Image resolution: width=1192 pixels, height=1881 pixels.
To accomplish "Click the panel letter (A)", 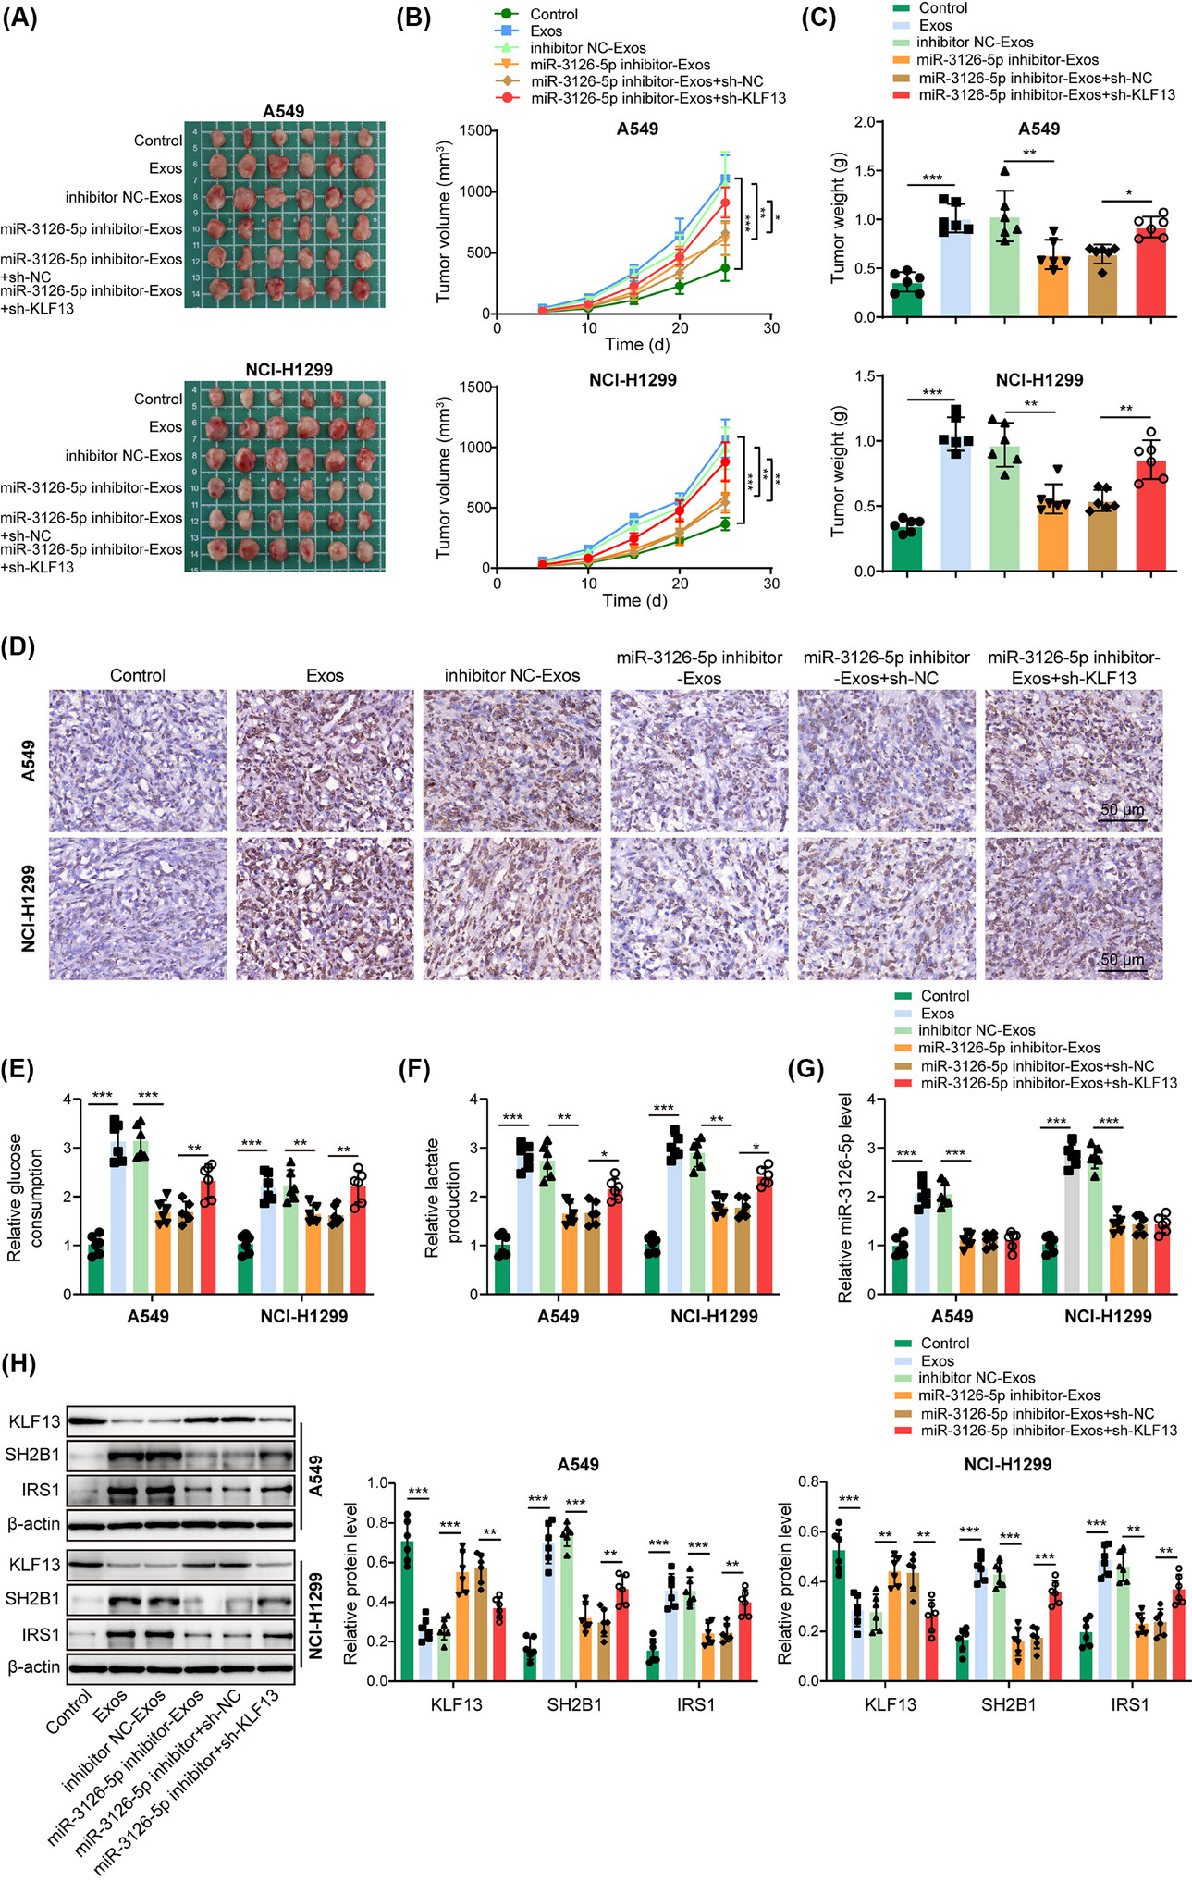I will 19,18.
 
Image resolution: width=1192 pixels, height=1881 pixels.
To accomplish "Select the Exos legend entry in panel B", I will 546,31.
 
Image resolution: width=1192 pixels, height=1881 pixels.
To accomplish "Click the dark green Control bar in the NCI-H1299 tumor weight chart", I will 907,547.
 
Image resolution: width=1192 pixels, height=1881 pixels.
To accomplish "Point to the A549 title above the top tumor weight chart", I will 1038,129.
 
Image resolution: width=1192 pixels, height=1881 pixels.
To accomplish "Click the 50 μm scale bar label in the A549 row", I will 1122,810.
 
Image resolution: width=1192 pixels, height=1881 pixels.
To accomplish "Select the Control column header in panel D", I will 138,675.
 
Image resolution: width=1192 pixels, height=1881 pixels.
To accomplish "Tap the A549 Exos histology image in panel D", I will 325,760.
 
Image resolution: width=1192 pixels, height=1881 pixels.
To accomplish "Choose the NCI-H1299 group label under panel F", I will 714,1316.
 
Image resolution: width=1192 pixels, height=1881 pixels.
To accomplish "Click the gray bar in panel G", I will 1072,1222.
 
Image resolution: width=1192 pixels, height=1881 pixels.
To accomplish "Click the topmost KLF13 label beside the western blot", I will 34,1422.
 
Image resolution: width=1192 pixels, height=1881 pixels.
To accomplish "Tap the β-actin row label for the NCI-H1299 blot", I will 34,1666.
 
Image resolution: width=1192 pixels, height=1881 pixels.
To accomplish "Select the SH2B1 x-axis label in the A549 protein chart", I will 574,1704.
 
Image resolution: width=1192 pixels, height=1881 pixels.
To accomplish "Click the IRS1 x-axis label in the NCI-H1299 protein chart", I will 1129,1704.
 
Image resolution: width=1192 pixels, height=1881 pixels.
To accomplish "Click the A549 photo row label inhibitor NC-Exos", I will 123,197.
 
